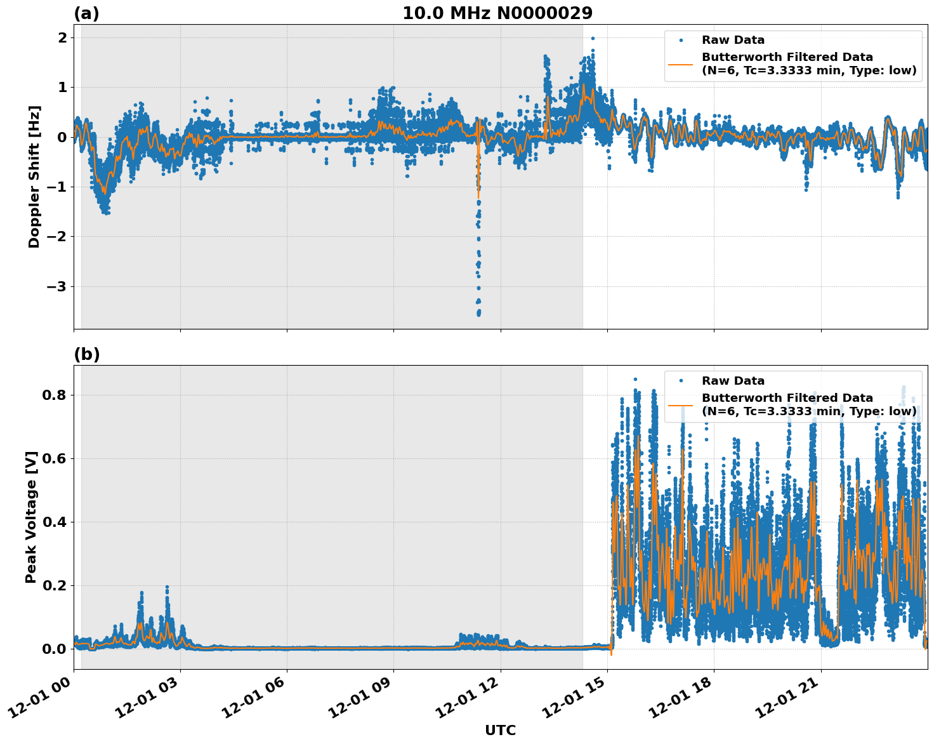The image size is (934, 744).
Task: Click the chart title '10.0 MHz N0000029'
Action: (x=497, y=13)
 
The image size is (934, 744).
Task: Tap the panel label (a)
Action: (x=86, y=13)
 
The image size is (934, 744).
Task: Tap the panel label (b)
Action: (x=86, y=354)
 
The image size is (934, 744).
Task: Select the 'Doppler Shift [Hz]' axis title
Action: (x=34, y=176)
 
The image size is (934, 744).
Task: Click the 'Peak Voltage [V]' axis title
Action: (x=31, y=517)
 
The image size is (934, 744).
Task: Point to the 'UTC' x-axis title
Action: (x=500, y=730)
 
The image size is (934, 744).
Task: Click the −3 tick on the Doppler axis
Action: (x=57, y=286)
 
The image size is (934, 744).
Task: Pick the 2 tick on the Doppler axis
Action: (x=62, y=37)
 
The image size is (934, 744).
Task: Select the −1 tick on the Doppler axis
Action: (x=57, y=187)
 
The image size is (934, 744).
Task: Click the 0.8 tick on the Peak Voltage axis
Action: (x=55, y=395)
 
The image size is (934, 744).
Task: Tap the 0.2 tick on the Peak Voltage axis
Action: (x=55, y=585)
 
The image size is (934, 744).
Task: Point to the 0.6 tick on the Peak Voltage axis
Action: (x=55, y=458)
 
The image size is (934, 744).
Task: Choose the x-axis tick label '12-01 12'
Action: (x=471, y=703)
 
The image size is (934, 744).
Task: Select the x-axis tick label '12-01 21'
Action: (x=791, y=703)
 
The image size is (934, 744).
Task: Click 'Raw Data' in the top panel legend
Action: (x=733, y=40)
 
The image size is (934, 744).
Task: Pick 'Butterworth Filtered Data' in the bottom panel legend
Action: (x=787, y=398)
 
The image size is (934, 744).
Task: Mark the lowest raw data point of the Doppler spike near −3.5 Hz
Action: (x=478, y=314)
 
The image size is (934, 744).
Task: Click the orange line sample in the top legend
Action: (x=680, y=64)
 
